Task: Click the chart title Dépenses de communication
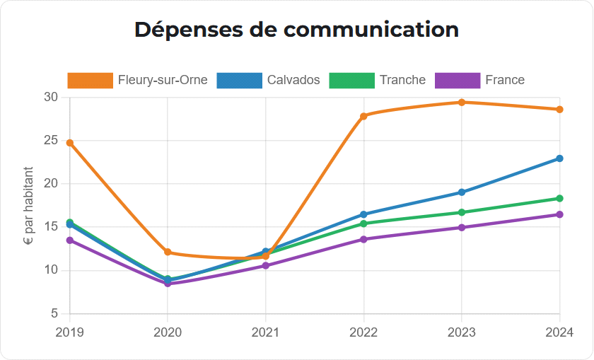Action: tap(296, 30)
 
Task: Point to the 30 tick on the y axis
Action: tap(50, 97)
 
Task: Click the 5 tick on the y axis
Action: tap(54, 313)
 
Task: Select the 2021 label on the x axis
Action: tap(266, 332)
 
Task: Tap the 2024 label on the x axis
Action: tap(559, 332)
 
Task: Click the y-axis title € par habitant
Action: tap(29, 205)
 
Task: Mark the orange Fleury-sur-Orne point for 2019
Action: tap(70, 143)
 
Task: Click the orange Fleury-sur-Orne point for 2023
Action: tap(462, 102)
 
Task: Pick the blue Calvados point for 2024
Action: tap(560, 158)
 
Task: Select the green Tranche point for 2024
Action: tap(560, 199)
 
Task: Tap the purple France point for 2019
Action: tap(70, 240)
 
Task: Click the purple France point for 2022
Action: tap(363, 239)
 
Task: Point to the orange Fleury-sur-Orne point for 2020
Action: tap(168, 252)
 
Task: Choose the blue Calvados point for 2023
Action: tap(462, 192)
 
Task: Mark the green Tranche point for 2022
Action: tap(363, 223)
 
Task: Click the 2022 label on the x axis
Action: tap(363, 332)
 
